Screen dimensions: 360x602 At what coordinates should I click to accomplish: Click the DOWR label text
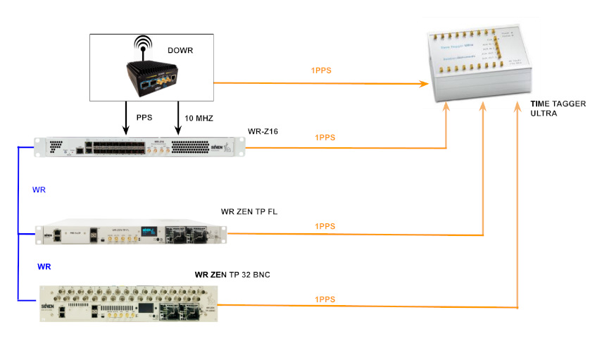pyautogui.click(x=181, y=50)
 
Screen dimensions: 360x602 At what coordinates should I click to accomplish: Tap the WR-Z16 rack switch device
pyautogui.click(x=145, y=147)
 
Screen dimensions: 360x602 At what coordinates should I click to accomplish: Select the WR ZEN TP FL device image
pyautogui.click(x=133, y=234)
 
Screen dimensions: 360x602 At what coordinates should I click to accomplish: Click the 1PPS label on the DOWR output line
pyautogui.click(x=322, y=70)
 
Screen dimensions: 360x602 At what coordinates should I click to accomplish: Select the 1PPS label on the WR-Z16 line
pyautogui.click(x=325, y=138)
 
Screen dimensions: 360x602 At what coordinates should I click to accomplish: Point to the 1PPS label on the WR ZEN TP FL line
pyautogui.click(x=325, y=226)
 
